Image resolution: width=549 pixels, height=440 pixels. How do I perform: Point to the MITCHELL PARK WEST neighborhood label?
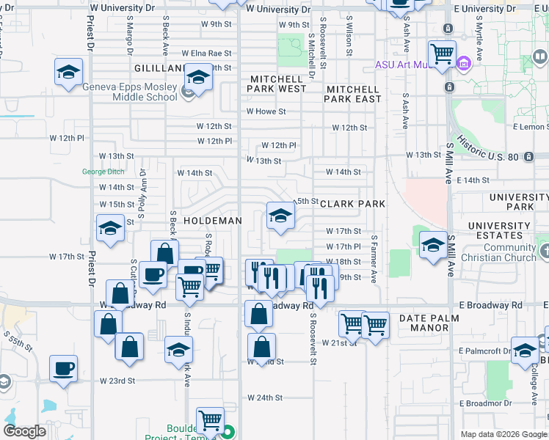click(277, 84)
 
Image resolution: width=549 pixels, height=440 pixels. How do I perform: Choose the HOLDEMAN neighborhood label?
click(212, 220)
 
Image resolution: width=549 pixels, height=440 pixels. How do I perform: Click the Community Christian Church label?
click(499, 252)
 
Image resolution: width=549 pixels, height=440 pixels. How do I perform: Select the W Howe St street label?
click(265, 111)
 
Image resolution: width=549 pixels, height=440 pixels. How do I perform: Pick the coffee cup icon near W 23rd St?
click(63, 367)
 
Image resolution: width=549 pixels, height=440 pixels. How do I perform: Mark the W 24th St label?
click(265, 397)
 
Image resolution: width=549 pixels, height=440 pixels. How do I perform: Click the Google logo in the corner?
click(24, 431)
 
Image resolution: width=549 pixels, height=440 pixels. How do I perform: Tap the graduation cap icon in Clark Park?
click(279, 216)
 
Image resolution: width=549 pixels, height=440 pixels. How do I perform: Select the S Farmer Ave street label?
click(374, 258)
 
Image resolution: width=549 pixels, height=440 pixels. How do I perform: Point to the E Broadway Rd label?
click(490, 304)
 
